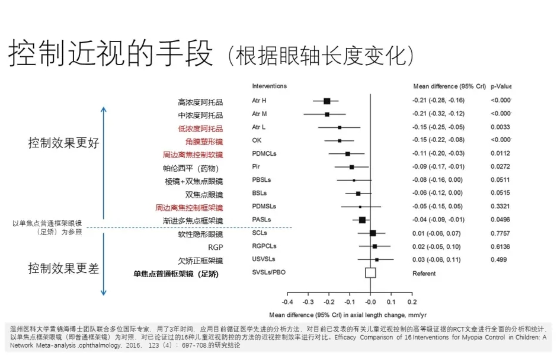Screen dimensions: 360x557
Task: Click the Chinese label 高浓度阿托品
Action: pyautogui.click(x=200, y=102)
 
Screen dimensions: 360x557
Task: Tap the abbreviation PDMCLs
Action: pyautogui.click(x=264, y=154)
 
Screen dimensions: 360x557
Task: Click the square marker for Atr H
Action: pyautogui.click(x=326, y=101)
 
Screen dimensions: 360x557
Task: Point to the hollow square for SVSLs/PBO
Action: pyautogui.click(x=370, y=272)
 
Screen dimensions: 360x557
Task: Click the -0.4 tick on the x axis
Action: pyautogui.click(x=287, y=302)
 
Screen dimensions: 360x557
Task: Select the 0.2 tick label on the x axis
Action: pyautogui.click(x=412, y=302)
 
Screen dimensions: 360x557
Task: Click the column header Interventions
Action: pyautogui.click(x=269, y=86)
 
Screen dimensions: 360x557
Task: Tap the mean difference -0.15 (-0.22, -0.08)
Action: pyautogui.click(x=438, y=140)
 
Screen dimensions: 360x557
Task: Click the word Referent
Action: pyautogui.click(x=424, y=274)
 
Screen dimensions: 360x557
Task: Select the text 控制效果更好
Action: pyautogui.click(x=64, y=143)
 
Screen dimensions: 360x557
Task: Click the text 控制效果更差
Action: pyautogui.click(x=64, y=268)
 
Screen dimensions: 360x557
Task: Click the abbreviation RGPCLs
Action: pyautogui.click(x=264, y=246)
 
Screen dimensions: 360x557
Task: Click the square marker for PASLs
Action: pyautogui.click(x=362, y=220)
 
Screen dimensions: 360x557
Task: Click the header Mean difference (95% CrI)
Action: pyautogui.click(x=449, y=86)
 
